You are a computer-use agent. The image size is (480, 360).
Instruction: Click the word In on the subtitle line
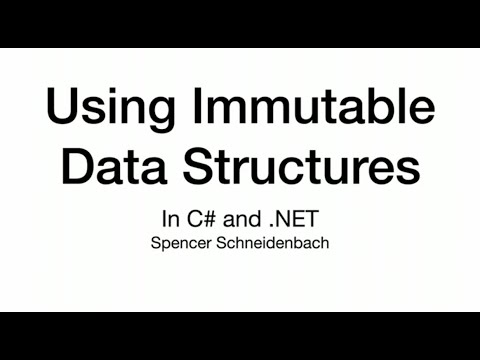click(168, 219)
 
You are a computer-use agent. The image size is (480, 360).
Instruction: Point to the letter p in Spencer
click(162, 245)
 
